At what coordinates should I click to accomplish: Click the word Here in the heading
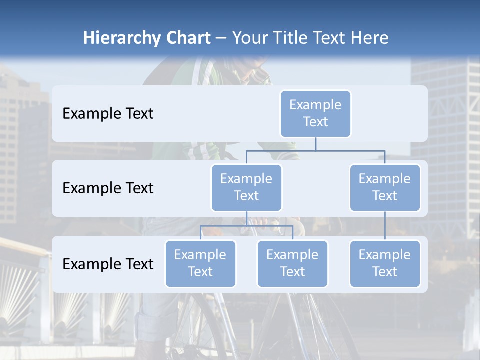tap(369, 38)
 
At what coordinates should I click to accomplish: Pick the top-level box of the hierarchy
tap(315, 113)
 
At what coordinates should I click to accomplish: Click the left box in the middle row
tap(246, 187)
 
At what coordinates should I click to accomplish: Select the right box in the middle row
tap(385, 187)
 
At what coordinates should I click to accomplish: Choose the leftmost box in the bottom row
tap(200, 263)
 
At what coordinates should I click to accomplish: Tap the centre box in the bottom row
tap(292, 263)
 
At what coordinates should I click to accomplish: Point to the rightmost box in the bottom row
tap(385, 263)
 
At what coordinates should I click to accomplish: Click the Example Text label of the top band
tap(108, 114)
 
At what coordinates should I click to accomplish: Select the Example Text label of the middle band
tap(108, 188)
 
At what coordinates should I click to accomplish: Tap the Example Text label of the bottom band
tap(108, 264)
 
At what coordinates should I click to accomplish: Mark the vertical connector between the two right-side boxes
tap(385, 226)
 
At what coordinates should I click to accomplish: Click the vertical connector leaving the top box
tap(315, 144)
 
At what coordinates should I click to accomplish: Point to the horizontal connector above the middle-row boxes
tap(315, 150)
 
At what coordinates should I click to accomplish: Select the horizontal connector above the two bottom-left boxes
tap(246, 226)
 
